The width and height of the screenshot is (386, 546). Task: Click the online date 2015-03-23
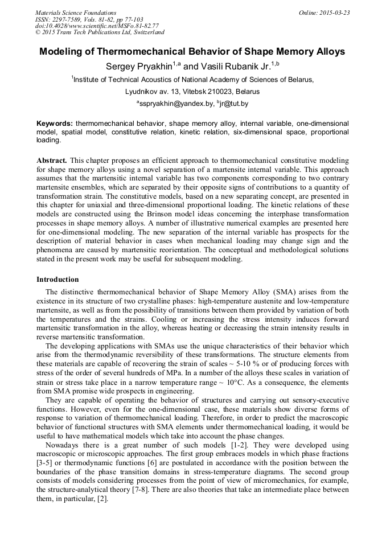click(332, 13)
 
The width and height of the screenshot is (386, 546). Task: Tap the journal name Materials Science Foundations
click(75, 13)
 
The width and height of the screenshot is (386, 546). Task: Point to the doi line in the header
click(97, 26)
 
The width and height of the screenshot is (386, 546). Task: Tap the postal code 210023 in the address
click(213, 91)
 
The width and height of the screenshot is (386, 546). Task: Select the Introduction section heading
click(58, 280)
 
